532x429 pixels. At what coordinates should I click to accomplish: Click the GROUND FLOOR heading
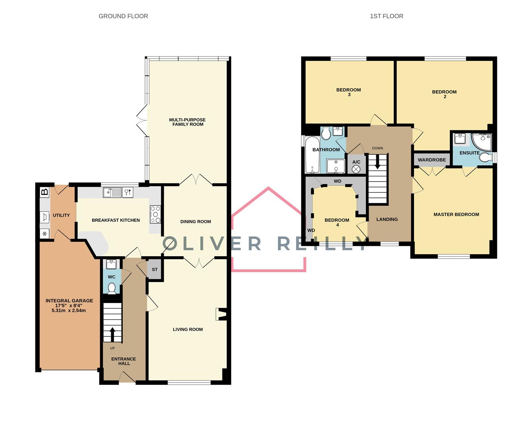point(123,16)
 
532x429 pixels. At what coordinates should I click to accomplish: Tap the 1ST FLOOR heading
point(386,16)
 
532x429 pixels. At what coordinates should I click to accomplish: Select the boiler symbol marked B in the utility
point(45,192)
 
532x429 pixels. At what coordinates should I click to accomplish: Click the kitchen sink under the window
point(112,193)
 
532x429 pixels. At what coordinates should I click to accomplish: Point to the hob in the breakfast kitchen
point(155,214)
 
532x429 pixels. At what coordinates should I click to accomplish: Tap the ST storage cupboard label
point(155,270)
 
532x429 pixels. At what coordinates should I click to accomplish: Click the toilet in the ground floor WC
point(112,288)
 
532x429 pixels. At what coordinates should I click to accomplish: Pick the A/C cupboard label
point(356,162)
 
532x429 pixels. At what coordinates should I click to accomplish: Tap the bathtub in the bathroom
point(312,155)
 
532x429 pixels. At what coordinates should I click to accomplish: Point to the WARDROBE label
point(432,160)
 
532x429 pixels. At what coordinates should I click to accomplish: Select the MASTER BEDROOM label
point(456,214)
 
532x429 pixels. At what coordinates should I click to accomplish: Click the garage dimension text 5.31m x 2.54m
point(69,311)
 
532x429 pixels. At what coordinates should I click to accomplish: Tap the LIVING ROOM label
point(188,329)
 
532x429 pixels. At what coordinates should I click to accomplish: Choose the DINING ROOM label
point(195,222)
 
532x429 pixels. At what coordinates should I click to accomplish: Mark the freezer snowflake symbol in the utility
point(45,234)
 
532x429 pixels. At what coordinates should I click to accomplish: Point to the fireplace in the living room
point(221,314)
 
